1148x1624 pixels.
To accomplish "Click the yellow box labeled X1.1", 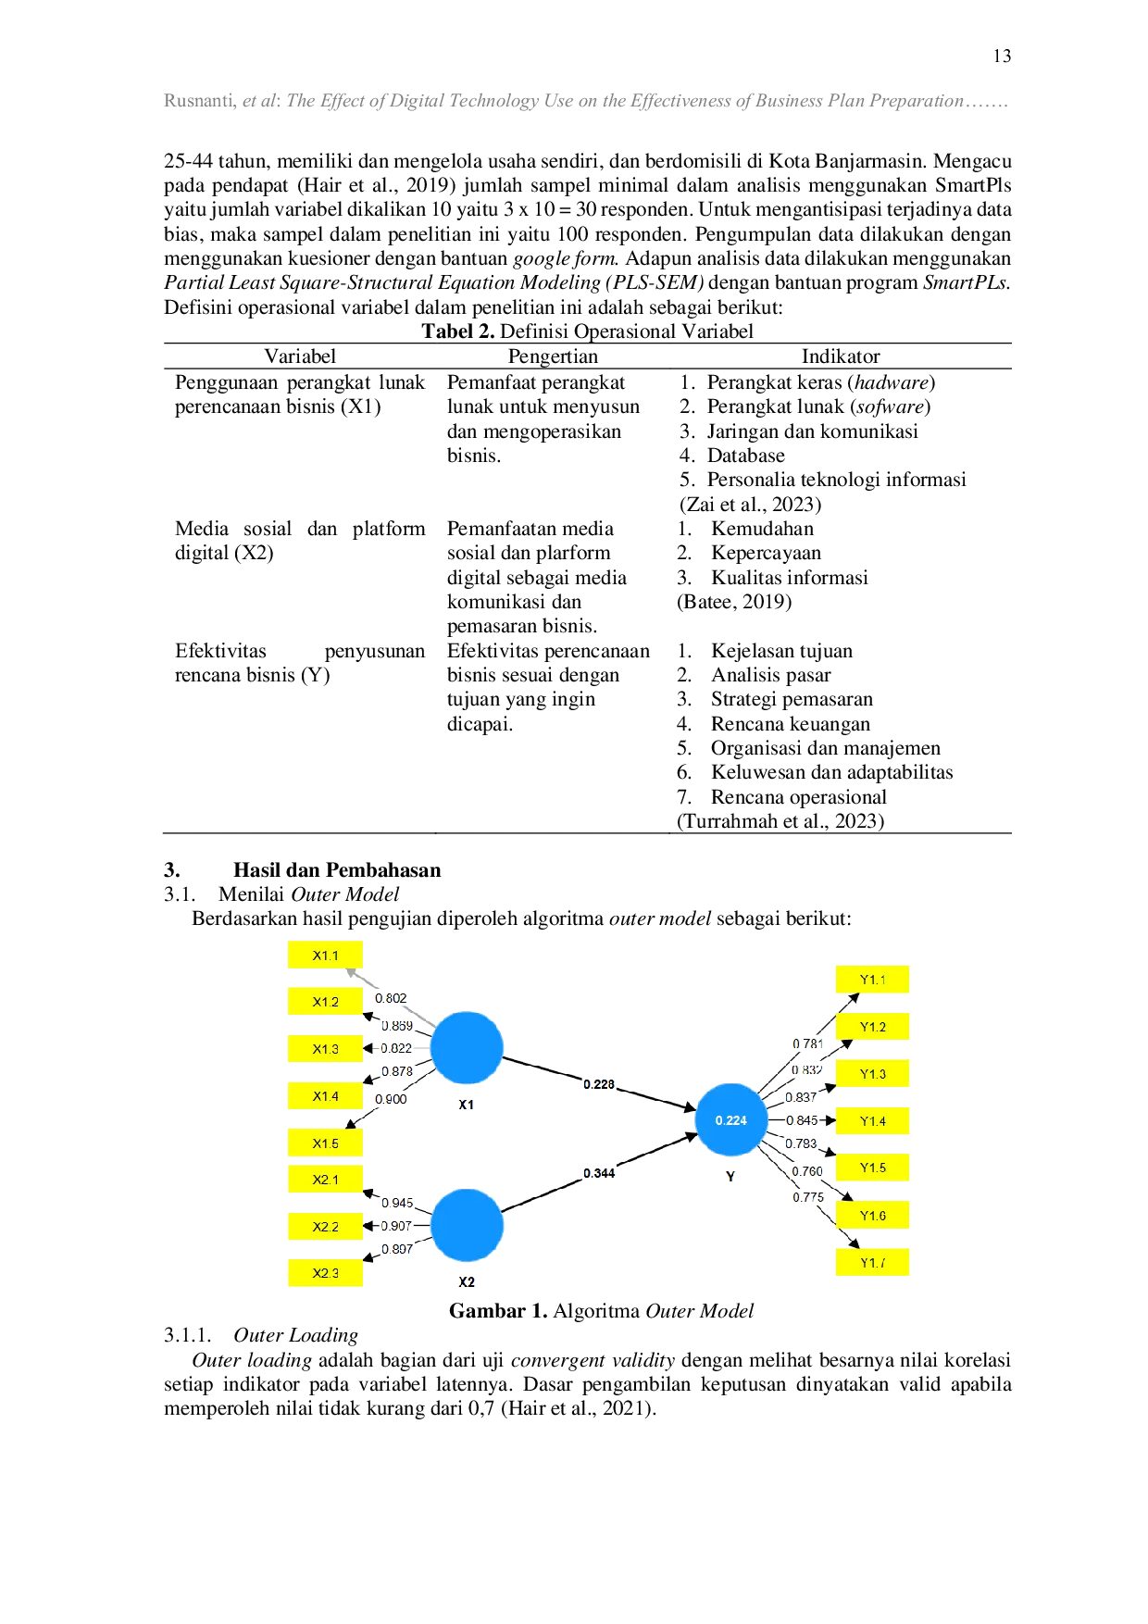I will (x=324, y=956).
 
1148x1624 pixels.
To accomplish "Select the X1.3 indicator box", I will (x=324, y=1049).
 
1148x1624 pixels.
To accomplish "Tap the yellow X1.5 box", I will (x=324, y=1143).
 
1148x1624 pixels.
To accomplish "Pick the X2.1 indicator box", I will (x=324, y=1180).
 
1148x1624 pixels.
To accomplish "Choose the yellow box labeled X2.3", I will (x=324, y=1273).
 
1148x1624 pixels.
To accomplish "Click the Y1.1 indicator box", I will (x=872, y=980).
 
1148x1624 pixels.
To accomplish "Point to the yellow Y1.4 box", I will (x=872, y=1121).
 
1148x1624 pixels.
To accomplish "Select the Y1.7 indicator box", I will (x=872, y=1263).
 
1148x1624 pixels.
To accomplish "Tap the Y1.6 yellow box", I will (x=872, y=1216).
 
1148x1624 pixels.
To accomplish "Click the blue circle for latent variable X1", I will (x=467, y=1048).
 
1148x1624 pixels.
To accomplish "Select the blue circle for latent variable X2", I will (x=467, y=1225).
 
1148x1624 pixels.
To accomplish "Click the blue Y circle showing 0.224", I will (x=731, y=1120).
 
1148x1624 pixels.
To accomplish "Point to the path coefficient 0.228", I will (x=599, y=1083).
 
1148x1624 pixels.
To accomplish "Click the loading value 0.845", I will (x=802, y=1120).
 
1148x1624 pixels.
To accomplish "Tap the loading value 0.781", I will (x=807, y=1043).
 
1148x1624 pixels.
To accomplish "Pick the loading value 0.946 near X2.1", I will (x=397, y=1203).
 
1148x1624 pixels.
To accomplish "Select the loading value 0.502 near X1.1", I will (x=390, y=998).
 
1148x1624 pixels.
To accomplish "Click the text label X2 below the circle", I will (x=467, y=1281).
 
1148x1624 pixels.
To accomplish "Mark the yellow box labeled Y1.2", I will (x=872, y=1027).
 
